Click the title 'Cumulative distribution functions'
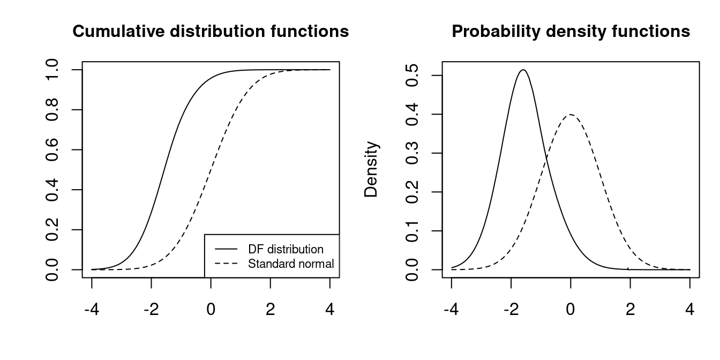click(211, 32)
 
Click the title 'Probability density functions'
click(571, 32)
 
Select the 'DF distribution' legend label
click(286, 250)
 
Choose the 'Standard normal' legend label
click(291, 264)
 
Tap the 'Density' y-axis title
click(371, 169)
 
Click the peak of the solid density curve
click(523, 70)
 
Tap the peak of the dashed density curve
click(571, 115)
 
